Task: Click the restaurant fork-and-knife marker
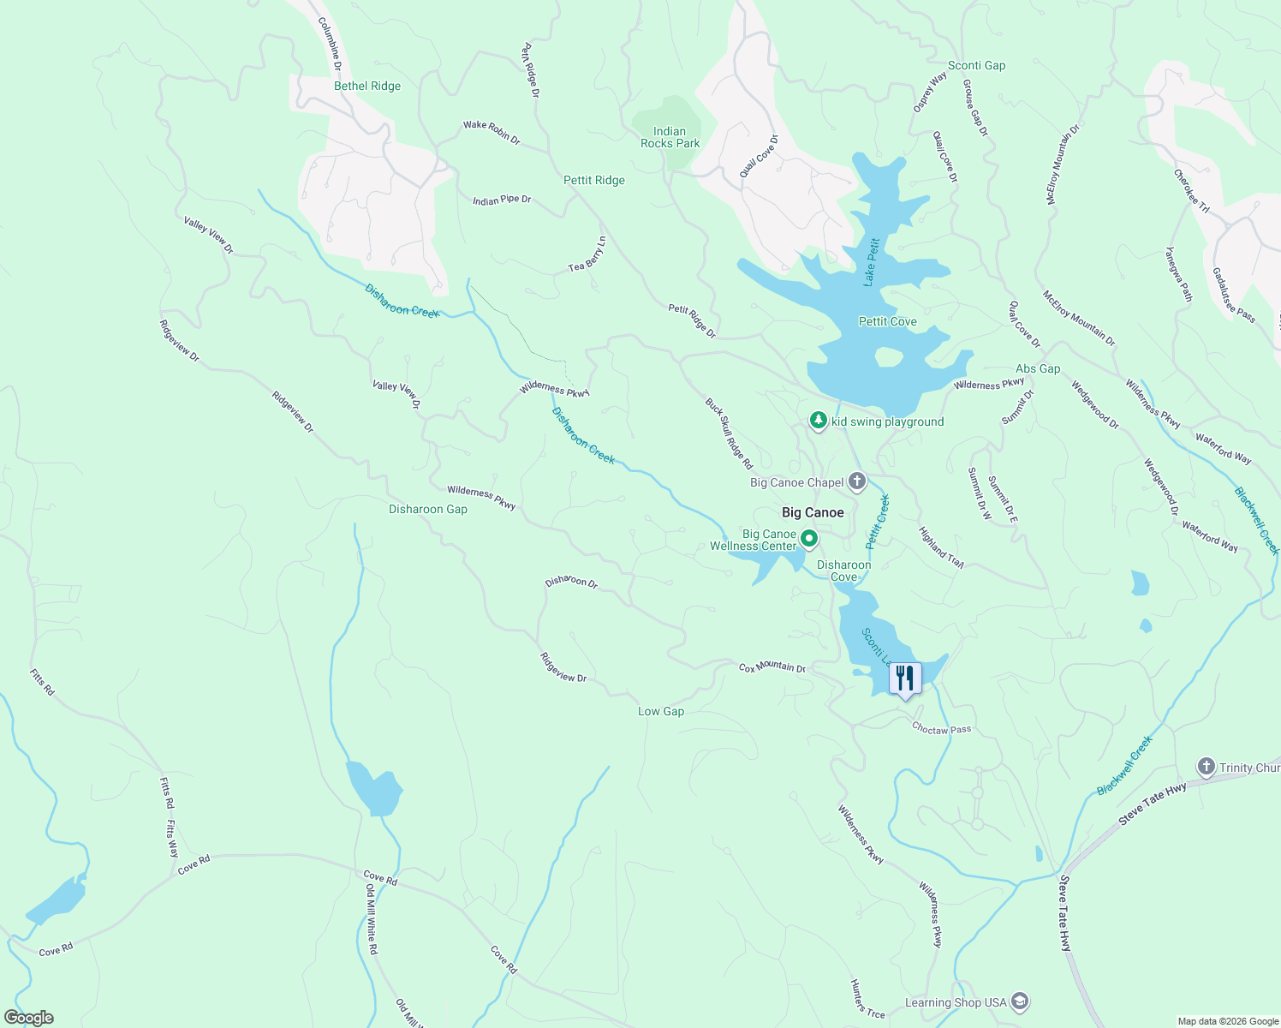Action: (904, 678)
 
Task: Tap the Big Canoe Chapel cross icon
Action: (857, 481)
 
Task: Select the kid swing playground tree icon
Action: (819, 421)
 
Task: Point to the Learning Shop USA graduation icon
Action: (1019, 1001)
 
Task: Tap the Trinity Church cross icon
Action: (1207, 767)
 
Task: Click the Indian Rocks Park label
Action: (670, 137)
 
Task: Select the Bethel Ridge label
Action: (367, 86)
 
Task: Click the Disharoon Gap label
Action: (428, 509)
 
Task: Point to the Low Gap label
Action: (661, 711)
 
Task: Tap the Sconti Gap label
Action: (976, 65)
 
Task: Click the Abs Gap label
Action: (1038, 368)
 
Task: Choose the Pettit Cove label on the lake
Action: (887, 321)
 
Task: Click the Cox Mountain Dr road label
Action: (772, 666)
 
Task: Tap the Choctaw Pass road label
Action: (942, 729)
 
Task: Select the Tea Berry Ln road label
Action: (587, 255)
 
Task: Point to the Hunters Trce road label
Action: (867, 999)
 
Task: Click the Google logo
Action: (29, 1018)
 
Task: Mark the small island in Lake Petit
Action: (888, 356)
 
